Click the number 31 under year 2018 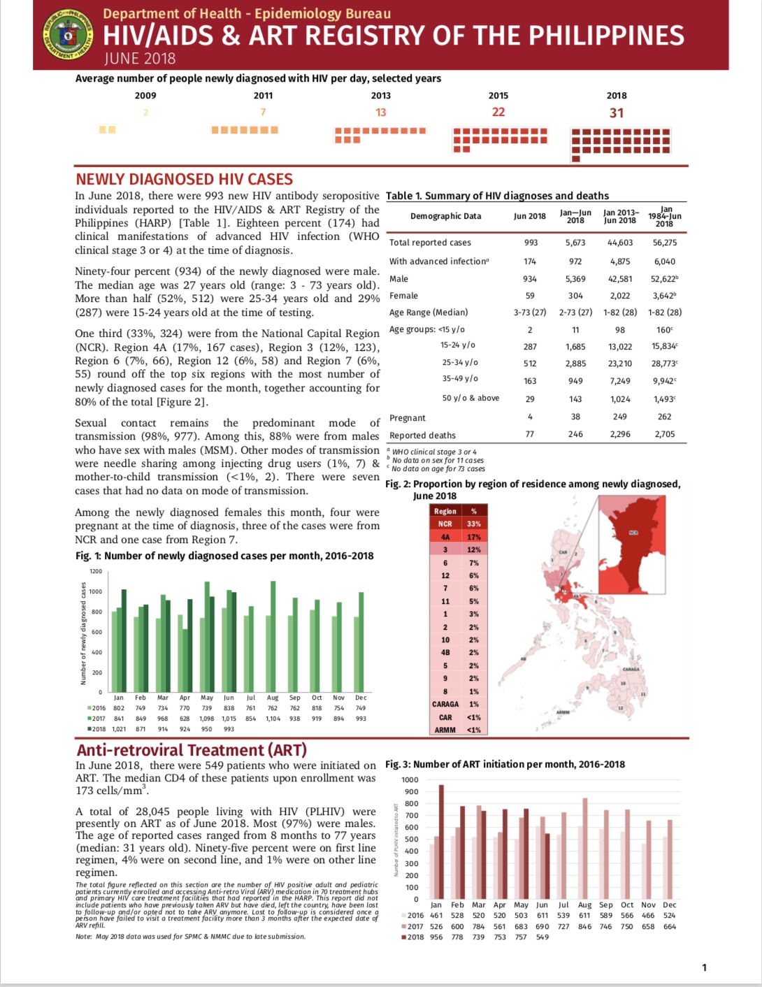[x=616, y=113]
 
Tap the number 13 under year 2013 [x=380, y=113]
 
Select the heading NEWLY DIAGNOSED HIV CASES [x=184, y=179]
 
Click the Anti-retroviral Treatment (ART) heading [x=192, y=750]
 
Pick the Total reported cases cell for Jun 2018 [x=531, y=243]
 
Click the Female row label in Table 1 [x=403, y=296]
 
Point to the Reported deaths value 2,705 [x=664, y=434]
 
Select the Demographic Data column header [x=445, y=216]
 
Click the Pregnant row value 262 [x=664, y=417]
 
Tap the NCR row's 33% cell [x=474, y=524]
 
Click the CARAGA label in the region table [x=445, y=704]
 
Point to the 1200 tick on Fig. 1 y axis [x=96, y=571]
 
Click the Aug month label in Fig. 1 [x=273, y=698]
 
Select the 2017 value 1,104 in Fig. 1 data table [x=273, y=719]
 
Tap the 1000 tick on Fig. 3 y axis [x=410, y=779]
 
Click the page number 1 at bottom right [x=704, y=967]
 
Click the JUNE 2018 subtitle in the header [x=140, y=59]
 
